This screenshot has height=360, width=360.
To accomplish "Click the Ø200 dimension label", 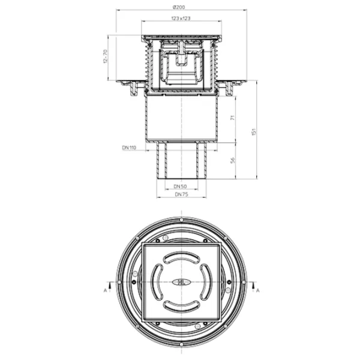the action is [179, 7].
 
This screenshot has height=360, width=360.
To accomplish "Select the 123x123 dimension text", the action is [181, 18].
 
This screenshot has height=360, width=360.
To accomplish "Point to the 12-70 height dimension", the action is [106, 56].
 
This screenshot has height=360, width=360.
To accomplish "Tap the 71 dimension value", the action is [233, 118].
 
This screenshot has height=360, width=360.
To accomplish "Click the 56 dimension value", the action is [233, 160].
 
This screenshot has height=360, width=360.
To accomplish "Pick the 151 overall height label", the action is [254, 131].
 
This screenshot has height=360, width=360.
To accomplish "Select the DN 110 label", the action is [129, 148].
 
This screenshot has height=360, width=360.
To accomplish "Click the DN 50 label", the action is [180, 186].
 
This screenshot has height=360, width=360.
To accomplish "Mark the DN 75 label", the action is [181, 194].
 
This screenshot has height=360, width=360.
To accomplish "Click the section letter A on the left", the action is [106, 290].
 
